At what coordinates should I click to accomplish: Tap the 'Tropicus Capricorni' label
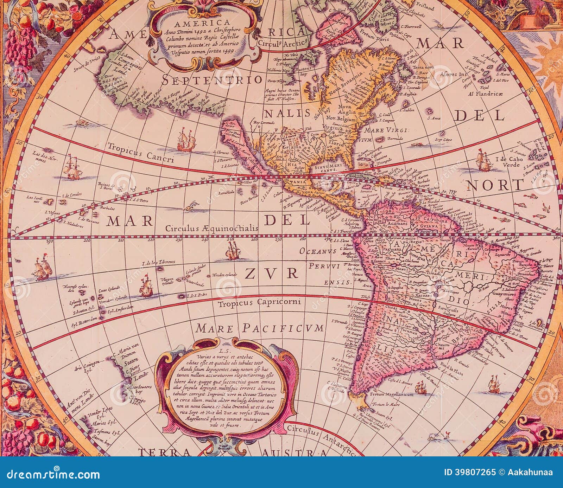pyautogui.click(x=259, y=302)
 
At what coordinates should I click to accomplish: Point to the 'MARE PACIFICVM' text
pyautogui.click(x=259, y=329)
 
